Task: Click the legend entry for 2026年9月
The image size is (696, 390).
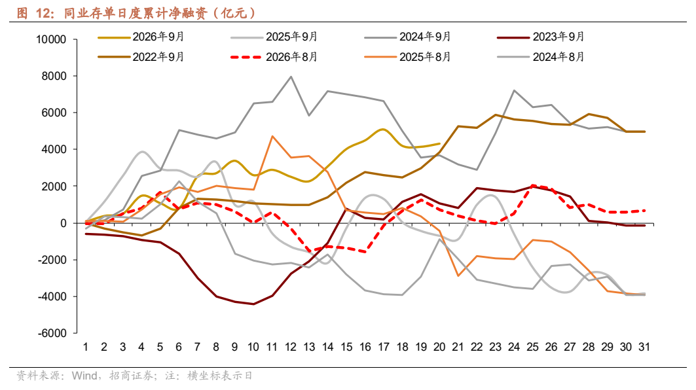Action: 141,37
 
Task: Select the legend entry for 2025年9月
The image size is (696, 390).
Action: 274,37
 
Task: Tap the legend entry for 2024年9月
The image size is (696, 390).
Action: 407,37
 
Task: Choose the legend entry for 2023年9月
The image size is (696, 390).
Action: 541,37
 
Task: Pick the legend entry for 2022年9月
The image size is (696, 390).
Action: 141,57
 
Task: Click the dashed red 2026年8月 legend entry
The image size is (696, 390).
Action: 274,57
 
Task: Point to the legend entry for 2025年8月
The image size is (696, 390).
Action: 407,57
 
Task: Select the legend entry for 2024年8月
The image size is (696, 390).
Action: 541,57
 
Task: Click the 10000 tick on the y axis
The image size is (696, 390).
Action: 51,39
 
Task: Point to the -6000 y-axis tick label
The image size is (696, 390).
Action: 52,333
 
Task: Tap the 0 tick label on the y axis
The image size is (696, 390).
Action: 64,223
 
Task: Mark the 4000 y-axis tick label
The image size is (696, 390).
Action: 54,150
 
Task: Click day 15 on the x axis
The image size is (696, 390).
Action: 346,347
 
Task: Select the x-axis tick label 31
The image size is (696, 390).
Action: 644,347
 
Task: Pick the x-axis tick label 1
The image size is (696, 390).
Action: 86,347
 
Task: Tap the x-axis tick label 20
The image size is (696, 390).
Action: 439,347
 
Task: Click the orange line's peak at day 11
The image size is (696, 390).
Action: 272,136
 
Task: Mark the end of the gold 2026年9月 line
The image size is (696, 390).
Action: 439,144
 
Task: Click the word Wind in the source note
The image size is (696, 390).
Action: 84,376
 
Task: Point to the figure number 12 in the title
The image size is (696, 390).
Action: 43,13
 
